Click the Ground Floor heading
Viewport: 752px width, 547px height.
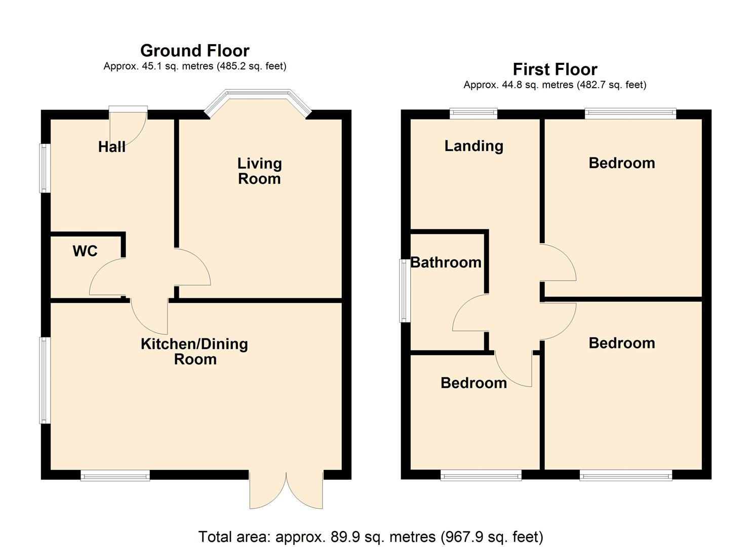(x=194, y=51)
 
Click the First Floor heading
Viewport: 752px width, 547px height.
(x=555, y=69)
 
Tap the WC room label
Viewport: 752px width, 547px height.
(x=85, y=251)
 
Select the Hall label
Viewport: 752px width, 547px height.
(x=111, y=147)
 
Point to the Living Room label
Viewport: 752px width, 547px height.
(x=259, y=171)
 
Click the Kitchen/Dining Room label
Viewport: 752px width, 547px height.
(x=194, y=351)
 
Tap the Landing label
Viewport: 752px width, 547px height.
(x=473, y=146)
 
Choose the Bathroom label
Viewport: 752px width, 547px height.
(x=446, y=262)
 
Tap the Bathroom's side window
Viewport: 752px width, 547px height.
(x=404, y=291)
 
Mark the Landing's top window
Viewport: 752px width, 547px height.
(x=473, y=113)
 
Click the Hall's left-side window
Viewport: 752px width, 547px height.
(x=45, y=168)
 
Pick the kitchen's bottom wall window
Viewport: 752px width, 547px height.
(x=115, y=475)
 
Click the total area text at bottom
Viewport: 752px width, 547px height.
(x=370, y=536)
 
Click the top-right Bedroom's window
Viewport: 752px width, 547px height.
(x=630, y=113)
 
